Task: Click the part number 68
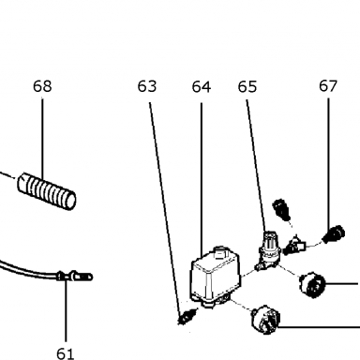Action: pos(42,86)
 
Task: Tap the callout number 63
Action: pos(147,86)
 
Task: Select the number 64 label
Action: pos(202,86)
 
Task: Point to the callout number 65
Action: pos(247,86)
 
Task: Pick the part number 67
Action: pos(328,86)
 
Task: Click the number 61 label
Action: pos(66,353)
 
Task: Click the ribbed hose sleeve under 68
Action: pos(47,191)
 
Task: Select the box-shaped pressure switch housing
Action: pos(216,277)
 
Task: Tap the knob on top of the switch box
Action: pos(220,252)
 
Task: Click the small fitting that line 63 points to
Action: pos(187,316)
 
